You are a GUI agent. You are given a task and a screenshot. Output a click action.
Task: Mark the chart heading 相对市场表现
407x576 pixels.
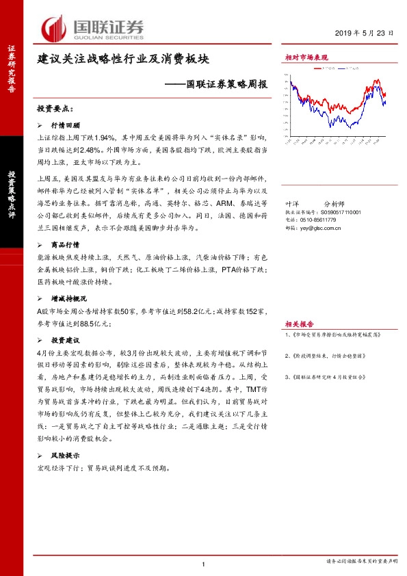(306, 57)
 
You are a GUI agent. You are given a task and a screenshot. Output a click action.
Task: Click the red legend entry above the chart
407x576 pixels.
(322, 69)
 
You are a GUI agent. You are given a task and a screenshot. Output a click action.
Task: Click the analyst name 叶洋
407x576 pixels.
(291, 203)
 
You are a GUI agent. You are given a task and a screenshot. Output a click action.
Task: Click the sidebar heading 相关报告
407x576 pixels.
(299, 324)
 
